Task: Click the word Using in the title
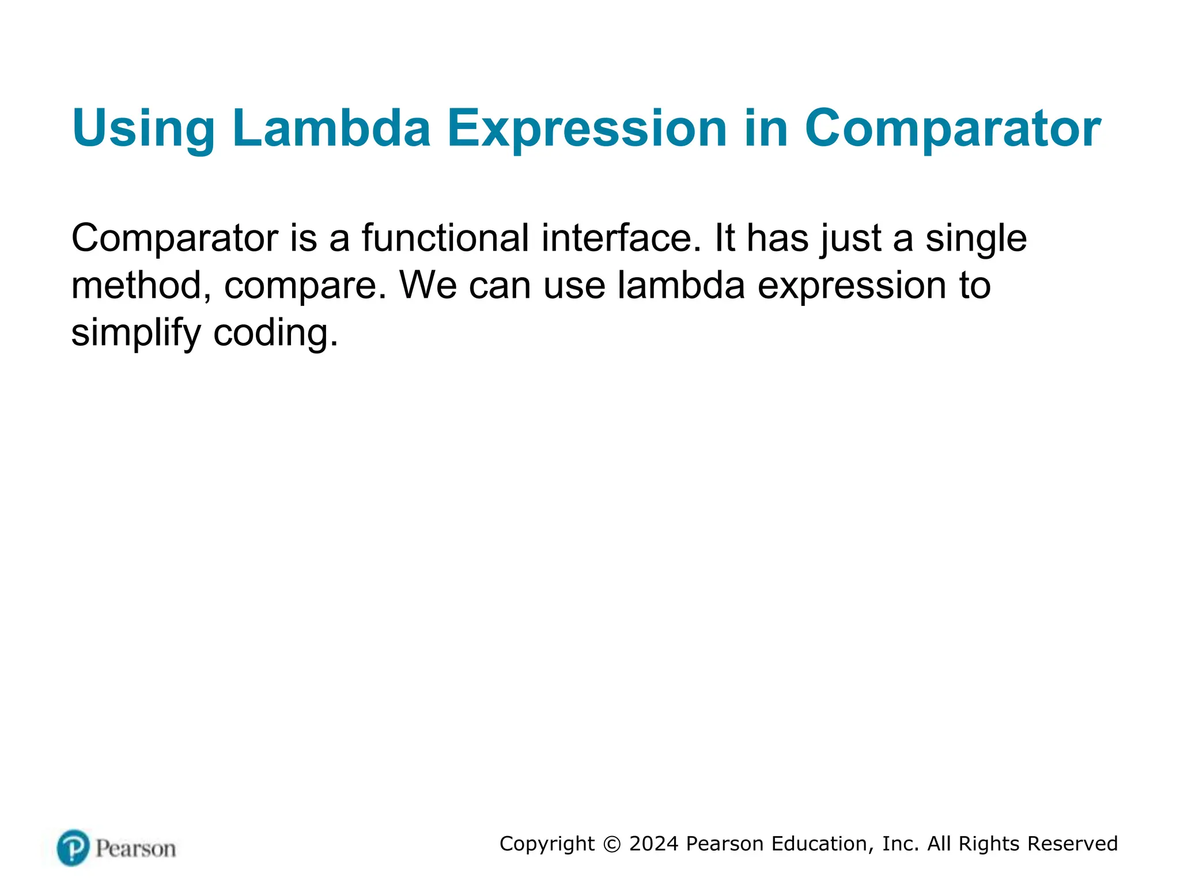click(143, 128)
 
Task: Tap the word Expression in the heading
click(587, 128)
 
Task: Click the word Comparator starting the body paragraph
click(175, 238)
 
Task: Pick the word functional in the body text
click(445, 238)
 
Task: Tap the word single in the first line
click(976, 238)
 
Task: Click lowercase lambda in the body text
click(681, 285)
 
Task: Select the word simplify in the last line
click(136, 333)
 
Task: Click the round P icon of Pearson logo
click(73, 848)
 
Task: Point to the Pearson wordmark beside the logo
click(135, 849)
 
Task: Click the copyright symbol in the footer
click(612, 844)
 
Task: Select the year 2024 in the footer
click(653, 844)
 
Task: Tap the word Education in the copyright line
click(818, 844)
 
